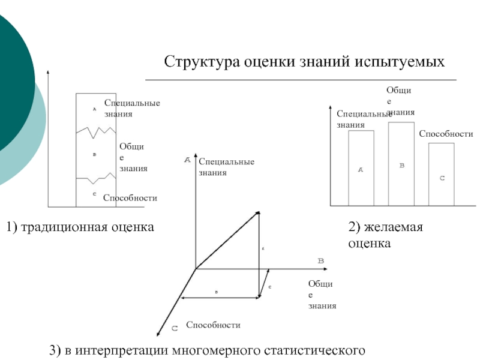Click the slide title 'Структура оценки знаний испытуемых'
point(305,62)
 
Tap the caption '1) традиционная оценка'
point(80,227)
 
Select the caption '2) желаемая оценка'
point(386,235)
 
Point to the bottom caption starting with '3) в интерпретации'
point(208,349)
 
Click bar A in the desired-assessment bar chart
point(361,169)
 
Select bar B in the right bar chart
point(401,164)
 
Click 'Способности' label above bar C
point(446,134)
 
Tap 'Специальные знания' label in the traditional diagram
point(132,108)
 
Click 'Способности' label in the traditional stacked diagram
point(130,197)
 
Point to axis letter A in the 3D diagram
point(187,160)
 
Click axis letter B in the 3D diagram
point(320,261)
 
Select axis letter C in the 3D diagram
point(175,328)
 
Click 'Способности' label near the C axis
point(213,325)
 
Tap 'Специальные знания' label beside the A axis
point(226,167)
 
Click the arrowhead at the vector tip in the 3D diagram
point(257,212)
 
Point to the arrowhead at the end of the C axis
point(158,334)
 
